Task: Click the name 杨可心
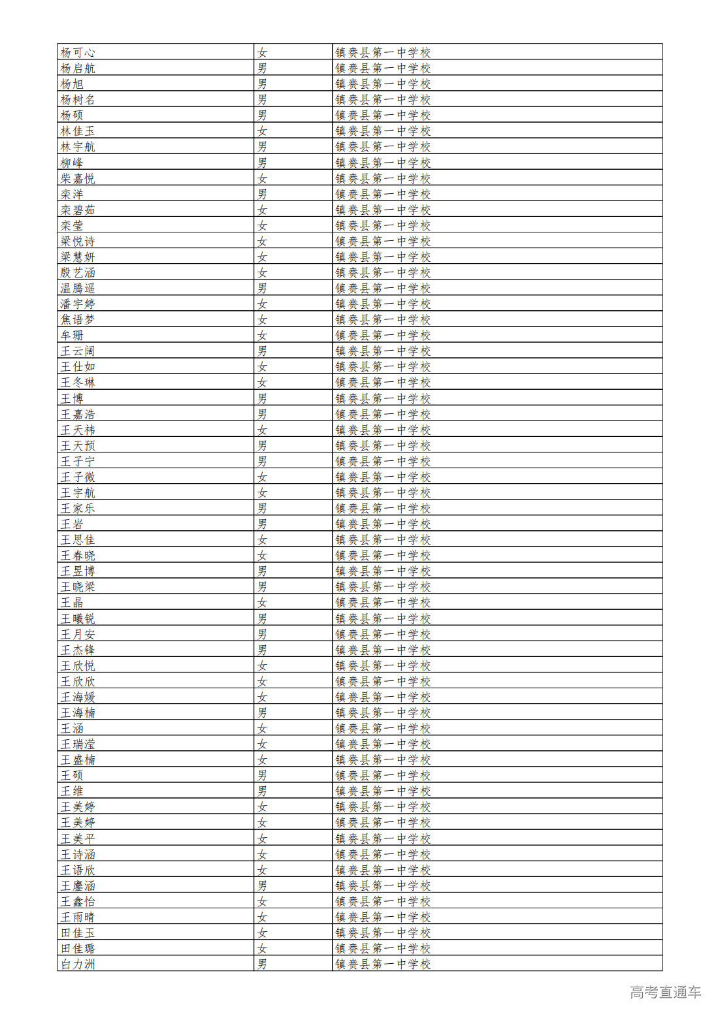(78, 52)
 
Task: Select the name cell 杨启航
(78, 68)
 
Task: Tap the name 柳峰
(72, 163)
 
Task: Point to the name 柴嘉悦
(78, 178)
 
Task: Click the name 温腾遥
(78, 288)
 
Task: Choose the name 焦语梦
(78, 319)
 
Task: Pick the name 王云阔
(78, 351)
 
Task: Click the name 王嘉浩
(78, 414)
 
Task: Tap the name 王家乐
(78, 508)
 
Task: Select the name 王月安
(78, 634)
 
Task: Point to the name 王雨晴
(78, 917)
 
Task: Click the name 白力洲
(78, 964)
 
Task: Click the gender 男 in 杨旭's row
(262, 84)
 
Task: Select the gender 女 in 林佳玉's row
(262, 131)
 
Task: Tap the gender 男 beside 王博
(262, 398)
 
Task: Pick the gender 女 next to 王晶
(262, 602)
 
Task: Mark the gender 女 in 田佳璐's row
(262, 948)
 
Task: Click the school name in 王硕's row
(383, 775)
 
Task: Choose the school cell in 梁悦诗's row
(383, 241)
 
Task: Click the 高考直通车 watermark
(665, 992)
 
